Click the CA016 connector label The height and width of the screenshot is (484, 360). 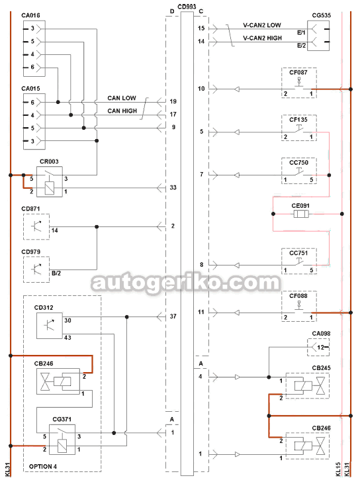(x=30, y=15)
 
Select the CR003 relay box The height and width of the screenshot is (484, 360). (x=50, y=182)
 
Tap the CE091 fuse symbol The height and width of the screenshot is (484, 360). (x=300, y=214)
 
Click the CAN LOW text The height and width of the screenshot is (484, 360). (x=122, y=98)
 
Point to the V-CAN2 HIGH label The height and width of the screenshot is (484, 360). (x=262, y=38)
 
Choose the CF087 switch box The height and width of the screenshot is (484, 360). (x=299, y=83)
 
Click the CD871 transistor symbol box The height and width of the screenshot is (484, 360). (x=36, y=226)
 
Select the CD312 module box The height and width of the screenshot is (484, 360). (x=50, y=326)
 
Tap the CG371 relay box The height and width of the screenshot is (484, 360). (x=62, y=440)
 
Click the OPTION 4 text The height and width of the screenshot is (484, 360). (x=43, y=466)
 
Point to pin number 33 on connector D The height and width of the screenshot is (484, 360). (x=173, y=187)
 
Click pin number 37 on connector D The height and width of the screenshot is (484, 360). (x=173, y=316)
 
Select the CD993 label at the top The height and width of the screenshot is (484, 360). (x=187, y=6)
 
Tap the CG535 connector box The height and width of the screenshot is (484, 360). (x=318, y=36)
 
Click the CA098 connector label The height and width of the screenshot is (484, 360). (x=321, y=333)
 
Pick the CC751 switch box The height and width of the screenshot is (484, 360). (x=299, y=261)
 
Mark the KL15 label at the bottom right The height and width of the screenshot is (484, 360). (x=338, y=469)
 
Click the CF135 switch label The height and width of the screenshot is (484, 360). (x=298, y=120)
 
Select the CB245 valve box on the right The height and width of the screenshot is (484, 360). (x=308, y=386)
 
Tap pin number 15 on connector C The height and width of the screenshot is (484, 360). (x=201, y=28)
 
